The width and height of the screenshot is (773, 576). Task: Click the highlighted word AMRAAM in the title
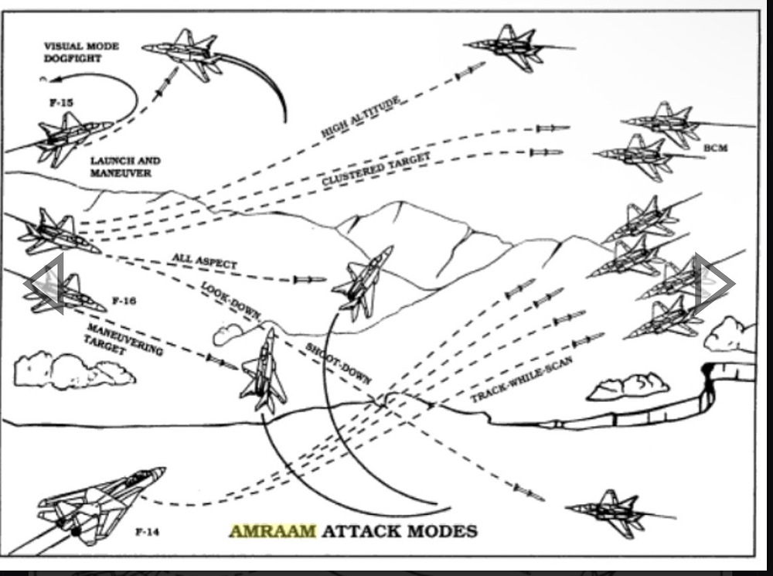click(x=273, y=531)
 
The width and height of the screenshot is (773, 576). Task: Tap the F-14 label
click(x=148, y=532)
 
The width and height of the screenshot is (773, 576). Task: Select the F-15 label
click(x=62, y=103)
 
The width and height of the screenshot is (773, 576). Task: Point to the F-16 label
click(x=124, y=300)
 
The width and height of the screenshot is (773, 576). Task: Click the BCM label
click(x=715, y=148)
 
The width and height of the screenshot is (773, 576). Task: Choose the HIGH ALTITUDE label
click(x=360, y=118)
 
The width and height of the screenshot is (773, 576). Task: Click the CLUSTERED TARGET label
click(x=376, y=169)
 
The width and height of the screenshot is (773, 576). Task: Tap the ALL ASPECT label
click(x=205, y=261)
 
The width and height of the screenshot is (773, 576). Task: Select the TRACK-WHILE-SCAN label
click(x=522, y=379)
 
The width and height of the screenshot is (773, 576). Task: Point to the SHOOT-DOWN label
click(x=339, y=363)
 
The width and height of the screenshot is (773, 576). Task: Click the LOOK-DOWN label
click(x=230, y=300)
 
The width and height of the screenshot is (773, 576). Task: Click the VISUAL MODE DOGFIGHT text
click(x=81, y=52)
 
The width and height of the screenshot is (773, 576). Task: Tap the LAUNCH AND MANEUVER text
click(x=125, y=167)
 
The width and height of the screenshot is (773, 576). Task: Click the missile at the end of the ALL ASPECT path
click(x=310, y=280)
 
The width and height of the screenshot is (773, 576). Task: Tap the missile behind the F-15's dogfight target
click(x=166, y=84)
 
